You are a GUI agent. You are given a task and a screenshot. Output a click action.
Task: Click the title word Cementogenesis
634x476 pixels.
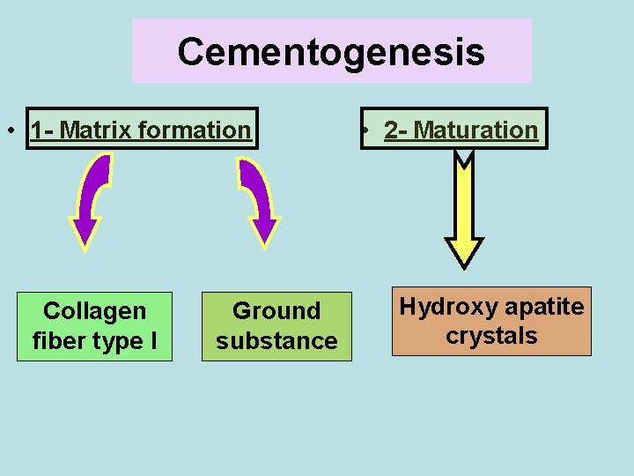pos(331,52)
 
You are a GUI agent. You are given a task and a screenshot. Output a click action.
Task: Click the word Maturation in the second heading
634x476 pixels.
pos(475,130)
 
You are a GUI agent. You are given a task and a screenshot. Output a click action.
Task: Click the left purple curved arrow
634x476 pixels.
pos(91,198)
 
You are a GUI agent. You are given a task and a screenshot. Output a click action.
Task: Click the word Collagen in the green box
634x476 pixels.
pos(94,311)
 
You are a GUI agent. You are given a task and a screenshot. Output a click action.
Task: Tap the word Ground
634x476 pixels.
pos(276,311)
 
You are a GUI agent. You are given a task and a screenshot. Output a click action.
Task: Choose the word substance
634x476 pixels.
pos(276,341)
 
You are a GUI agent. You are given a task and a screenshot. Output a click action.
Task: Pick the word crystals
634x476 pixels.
pos(491,337)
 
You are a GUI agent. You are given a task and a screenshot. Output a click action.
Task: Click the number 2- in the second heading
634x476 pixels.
pos(397,130)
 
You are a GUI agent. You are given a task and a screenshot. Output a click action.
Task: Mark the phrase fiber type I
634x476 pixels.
pos(94,341)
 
